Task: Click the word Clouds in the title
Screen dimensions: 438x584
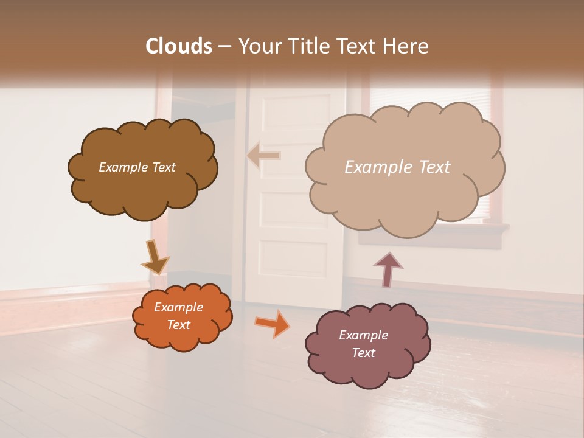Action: point(178,46)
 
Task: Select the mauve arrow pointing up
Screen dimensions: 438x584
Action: point(388,269)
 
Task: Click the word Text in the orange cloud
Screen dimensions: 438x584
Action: point(179,325)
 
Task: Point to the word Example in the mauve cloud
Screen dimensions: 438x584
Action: point(363,335)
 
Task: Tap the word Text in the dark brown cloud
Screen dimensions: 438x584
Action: point(162,167)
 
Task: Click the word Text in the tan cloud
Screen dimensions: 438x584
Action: point(431,167)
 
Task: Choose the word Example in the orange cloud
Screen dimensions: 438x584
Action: point(179,307)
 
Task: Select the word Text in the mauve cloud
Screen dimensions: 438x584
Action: point(363,353)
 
